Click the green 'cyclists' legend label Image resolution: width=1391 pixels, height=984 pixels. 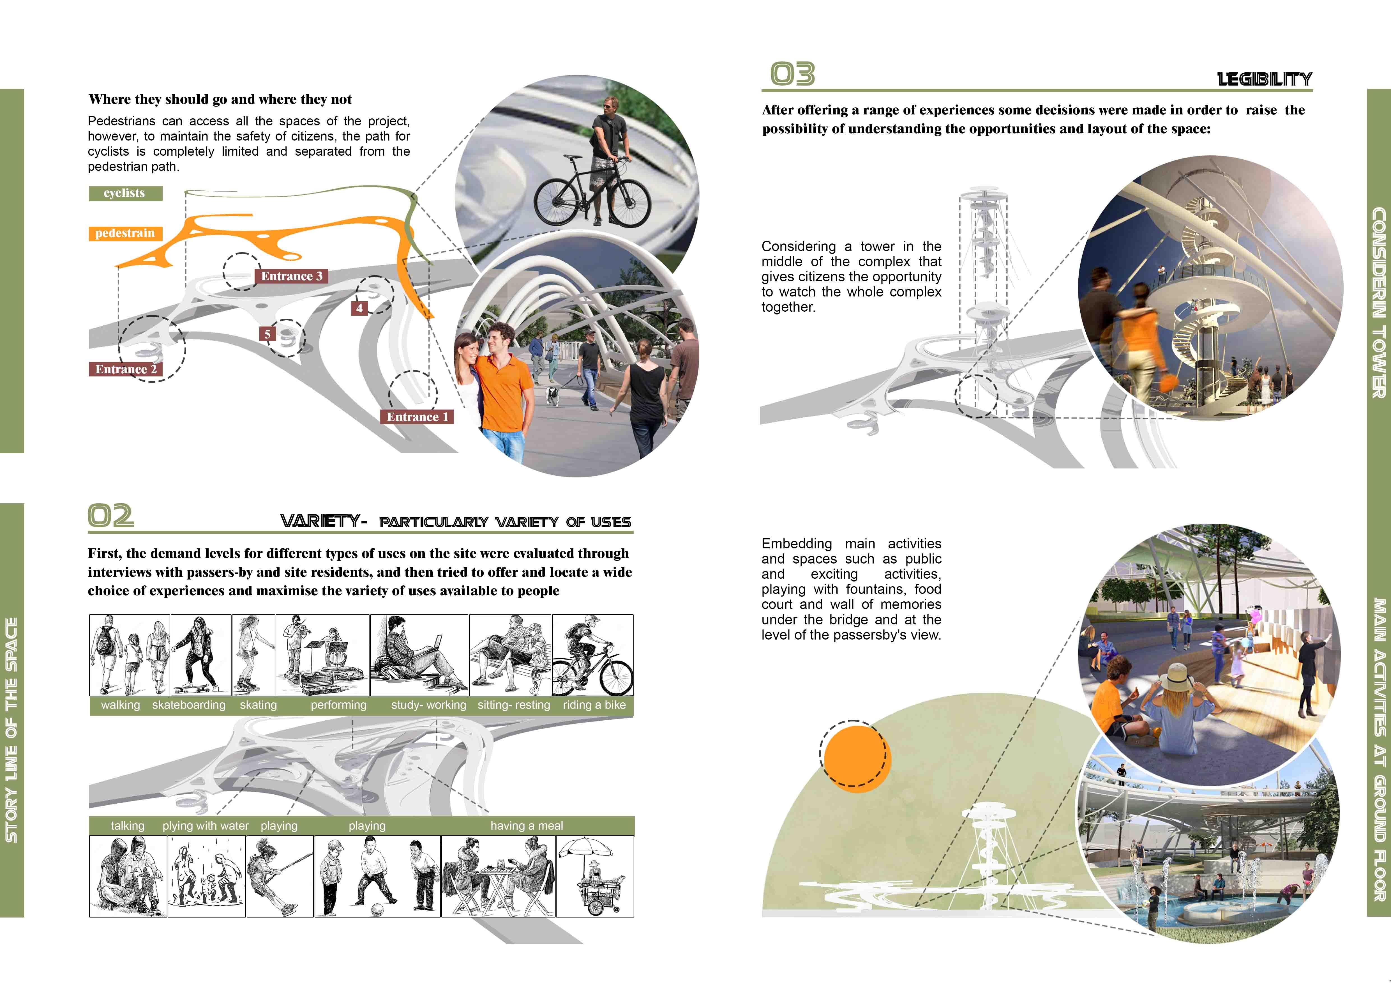tap(125, 193)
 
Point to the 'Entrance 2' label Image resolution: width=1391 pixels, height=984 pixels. tap(125, 369)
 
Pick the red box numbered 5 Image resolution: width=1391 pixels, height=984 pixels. tap(267, 334)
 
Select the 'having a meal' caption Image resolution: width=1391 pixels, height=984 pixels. tap(527, 826)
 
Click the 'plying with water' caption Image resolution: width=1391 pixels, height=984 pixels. tap(205, 826)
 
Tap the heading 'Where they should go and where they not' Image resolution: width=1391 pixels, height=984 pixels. tap(220, 99)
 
